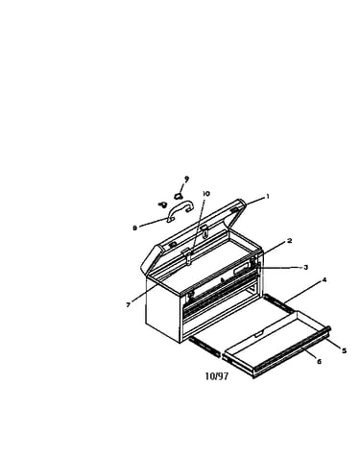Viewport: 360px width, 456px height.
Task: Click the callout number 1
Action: point(268,197)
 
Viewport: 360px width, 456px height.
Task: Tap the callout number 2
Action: point(289,241)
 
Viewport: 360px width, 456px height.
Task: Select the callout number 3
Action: point(305,267)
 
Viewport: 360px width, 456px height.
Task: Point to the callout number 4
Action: point(324,280)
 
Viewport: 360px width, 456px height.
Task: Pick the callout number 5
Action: point(344,350)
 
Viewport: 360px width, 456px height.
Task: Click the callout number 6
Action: point(319,362)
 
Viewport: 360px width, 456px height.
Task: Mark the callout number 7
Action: point(129,305)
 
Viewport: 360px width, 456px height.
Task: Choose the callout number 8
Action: point(134,228)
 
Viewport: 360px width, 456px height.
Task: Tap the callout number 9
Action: point(186,179)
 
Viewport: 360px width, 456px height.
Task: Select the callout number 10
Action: point(206,194)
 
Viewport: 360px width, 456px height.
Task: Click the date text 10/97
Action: point(217,376)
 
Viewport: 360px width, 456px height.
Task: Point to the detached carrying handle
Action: point(180,205)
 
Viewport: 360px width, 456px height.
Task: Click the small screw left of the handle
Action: point(163,204)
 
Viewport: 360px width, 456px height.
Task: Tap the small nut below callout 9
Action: point(179,195)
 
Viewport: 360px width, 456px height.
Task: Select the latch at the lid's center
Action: point(189,256)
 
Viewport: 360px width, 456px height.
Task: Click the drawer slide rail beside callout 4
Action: point(277,303)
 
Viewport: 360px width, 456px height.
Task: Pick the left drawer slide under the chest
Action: point(204,347)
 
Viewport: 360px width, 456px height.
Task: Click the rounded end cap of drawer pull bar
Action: point(328,328)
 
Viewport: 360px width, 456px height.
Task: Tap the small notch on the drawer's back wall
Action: point(259,334)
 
